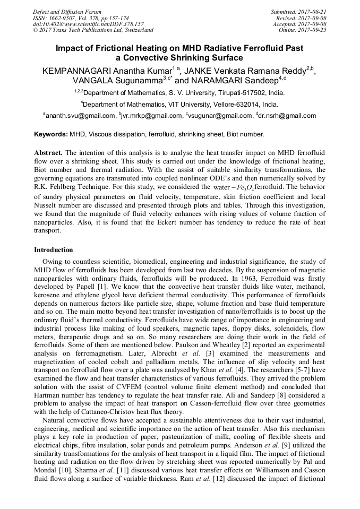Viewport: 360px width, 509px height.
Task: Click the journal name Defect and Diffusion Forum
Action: click(x=67, y=12)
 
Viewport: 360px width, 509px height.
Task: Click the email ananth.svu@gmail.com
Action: click(x=80, y=116)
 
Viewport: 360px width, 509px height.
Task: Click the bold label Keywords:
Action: click(x=51, y=135)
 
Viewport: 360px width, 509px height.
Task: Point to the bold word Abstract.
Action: click(x=48, y=152)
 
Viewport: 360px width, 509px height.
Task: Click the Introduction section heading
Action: click(x=54, y=249)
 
